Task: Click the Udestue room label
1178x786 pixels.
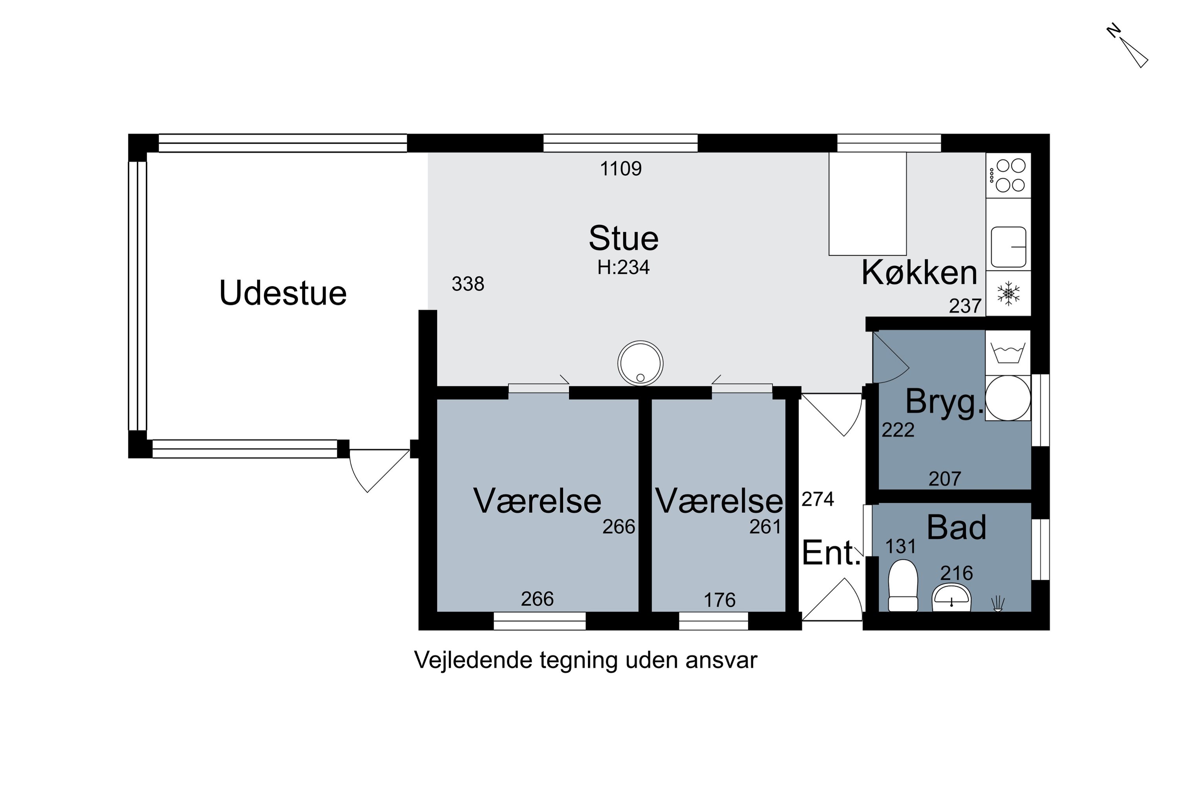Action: (283, 293)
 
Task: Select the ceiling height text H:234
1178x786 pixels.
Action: (623, 268)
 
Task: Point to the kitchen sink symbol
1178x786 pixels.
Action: (1008, 247)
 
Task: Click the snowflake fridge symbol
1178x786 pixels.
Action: (1008, 294)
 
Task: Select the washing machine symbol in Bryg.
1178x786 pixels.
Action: (1008, 353)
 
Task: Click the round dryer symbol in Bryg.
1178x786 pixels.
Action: (1008, 398)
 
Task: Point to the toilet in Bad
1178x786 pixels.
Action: (902, 586)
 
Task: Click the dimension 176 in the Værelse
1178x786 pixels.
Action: (719, 600)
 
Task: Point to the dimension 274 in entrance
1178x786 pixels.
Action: (818, 499)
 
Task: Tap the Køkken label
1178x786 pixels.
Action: (919, 273)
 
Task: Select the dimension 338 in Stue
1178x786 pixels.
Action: (468, 284)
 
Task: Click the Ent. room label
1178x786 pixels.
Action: (831, 553)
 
